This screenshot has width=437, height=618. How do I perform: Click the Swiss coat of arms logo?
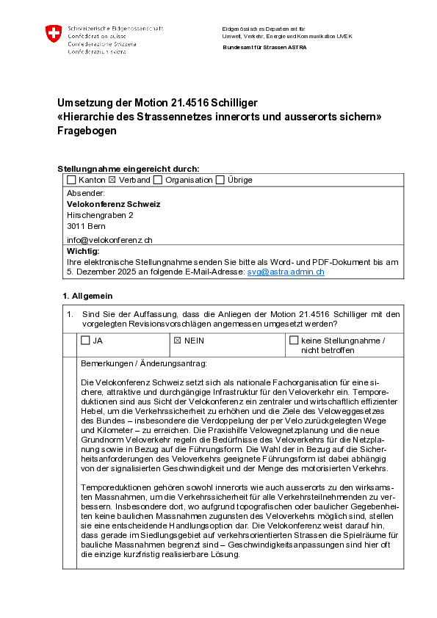[54, 33]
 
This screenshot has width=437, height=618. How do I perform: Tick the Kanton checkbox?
[71, 180]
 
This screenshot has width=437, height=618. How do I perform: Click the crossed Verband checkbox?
[112, 180]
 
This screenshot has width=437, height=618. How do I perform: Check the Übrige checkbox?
[220, 180]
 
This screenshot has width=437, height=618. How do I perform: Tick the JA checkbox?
[85, 341]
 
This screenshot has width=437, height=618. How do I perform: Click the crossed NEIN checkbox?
[177, 341]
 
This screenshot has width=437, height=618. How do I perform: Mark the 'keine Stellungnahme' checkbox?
[295, 341]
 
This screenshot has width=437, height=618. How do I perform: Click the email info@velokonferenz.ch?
[109, 239]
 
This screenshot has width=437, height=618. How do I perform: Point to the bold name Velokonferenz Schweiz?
[113, 204]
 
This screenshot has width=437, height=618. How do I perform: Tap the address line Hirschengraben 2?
[100, 216]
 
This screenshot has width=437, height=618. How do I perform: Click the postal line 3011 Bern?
[87, 228]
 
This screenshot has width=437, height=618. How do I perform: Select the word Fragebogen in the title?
[87, 131]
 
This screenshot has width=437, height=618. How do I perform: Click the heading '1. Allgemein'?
[87, 295]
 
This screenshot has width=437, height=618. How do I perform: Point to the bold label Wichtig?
[82, 251]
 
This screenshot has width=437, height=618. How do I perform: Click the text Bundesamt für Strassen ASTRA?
[264, 47]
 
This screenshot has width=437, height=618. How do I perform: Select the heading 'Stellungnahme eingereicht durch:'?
[128, 168]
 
